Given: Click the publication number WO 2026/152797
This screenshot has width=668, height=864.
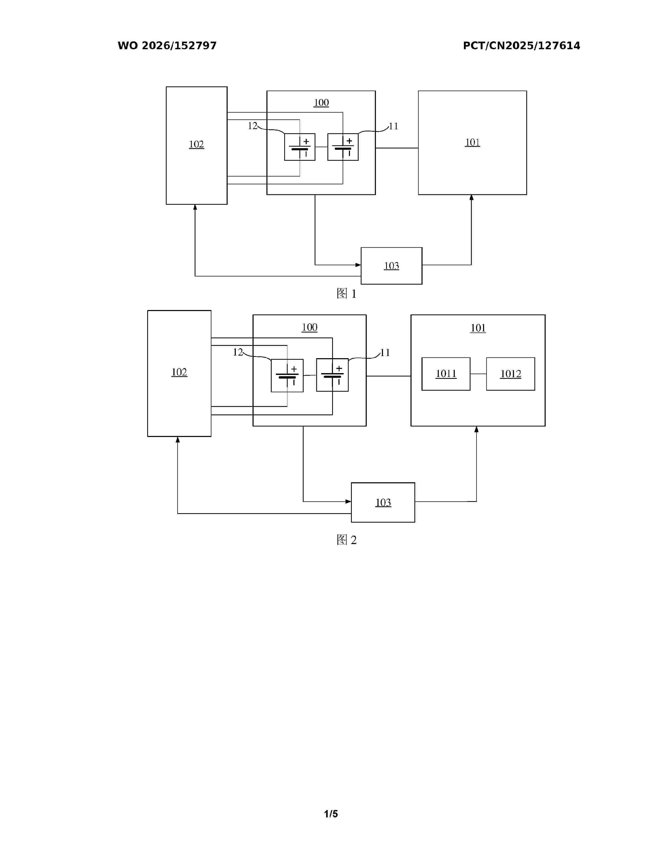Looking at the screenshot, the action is tap(167, 46).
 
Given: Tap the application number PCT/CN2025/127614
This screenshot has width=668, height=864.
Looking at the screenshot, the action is tap(522, 46).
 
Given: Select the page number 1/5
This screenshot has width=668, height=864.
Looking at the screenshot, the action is tap(331, 814).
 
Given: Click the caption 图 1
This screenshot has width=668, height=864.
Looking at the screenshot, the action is tap(346, 293).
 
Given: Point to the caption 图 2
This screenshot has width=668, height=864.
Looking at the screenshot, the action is tap(346, 540).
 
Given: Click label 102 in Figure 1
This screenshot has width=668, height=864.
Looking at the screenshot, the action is tap(196, 144).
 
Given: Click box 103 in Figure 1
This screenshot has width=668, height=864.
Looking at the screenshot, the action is tap(391, 265).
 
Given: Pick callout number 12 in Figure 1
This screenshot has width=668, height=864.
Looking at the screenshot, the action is tap(253, 126).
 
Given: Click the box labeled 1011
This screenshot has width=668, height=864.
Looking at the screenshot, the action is tap(446, 374).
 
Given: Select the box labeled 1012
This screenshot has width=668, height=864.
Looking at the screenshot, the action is tap(511, 374).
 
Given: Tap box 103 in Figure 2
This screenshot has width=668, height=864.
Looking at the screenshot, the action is tap(383, 502).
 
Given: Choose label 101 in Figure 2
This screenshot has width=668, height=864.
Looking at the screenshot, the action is tap(478, 328).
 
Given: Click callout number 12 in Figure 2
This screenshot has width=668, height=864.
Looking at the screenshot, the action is tap(238, 352).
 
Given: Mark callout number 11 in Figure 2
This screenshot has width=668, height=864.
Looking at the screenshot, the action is tap(385, 352).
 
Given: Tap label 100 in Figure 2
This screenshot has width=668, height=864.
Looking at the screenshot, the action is tap(309, 327).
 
